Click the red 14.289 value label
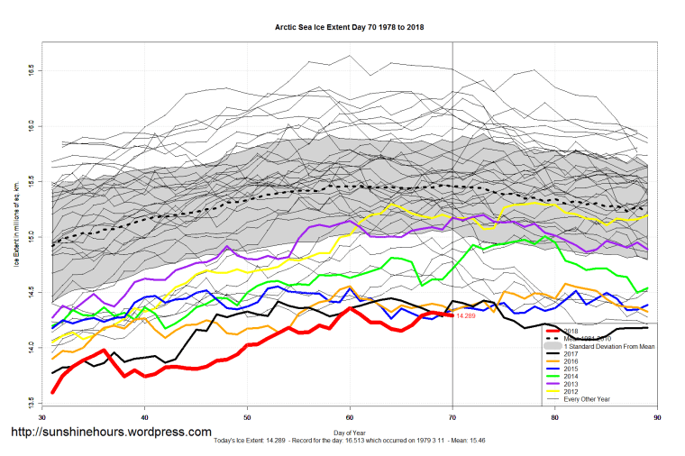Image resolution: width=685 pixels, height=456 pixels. (x=467, y=315)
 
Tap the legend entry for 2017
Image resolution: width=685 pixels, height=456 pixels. (x=571, y=354)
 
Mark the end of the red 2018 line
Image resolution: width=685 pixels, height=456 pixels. (x=452, y=315)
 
